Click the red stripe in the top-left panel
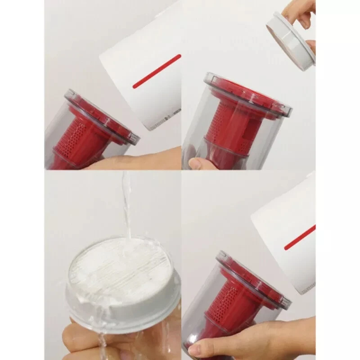(157, 71)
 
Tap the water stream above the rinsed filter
(127, 202)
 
